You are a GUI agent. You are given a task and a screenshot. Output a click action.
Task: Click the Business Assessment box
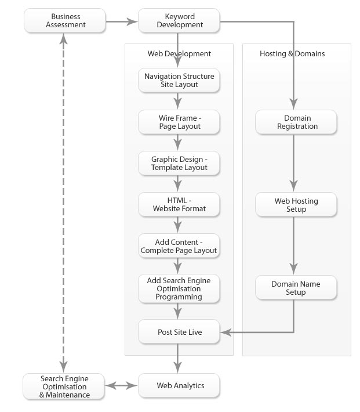65,20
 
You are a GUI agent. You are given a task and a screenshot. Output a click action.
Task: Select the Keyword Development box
179,20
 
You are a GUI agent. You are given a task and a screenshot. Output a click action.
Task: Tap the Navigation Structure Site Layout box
179,80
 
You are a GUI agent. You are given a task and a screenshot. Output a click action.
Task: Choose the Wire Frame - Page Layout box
179,122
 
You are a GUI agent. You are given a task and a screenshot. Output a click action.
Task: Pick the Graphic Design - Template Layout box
179,163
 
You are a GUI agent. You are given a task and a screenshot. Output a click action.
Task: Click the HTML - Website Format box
179,204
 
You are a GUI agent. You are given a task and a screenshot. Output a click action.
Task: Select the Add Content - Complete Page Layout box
179,245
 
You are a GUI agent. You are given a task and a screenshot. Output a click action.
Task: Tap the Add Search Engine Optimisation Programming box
179,288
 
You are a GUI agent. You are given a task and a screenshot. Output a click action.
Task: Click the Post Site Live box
179,331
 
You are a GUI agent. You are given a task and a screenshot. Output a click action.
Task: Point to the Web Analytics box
179,385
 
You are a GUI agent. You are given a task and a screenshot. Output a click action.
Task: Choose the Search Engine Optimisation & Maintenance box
64,386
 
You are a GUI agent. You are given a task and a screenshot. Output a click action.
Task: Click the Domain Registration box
296,122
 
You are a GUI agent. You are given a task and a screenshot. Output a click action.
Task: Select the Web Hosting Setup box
296,204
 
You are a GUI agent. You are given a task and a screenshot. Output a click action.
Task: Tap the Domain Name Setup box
296,287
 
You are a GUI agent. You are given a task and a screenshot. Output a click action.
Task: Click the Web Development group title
179,53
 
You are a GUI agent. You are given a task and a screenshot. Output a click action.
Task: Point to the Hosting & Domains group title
292,53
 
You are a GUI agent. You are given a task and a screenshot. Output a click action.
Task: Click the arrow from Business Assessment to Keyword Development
122,21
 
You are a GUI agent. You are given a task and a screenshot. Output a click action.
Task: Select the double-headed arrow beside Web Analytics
121,386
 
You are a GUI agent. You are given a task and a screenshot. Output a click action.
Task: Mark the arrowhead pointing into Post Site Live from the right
226,333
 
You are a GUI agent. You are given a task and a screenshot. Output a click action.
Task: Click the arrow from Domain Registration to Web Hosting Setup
293,163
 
